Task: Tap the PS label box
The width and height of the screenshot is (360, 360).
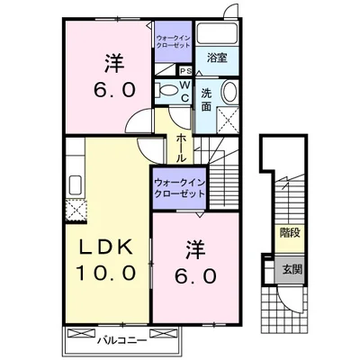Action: click(x=185, y=72)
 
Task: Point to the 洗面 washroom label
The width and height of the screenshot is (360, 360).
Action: click(x=206, y=98)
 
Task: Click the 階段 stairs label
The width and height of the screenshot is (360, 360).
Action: click(x=288, y=232)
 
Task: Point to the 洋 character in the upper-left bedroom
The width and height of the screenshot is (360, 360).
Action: click(x=112, y=63)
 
